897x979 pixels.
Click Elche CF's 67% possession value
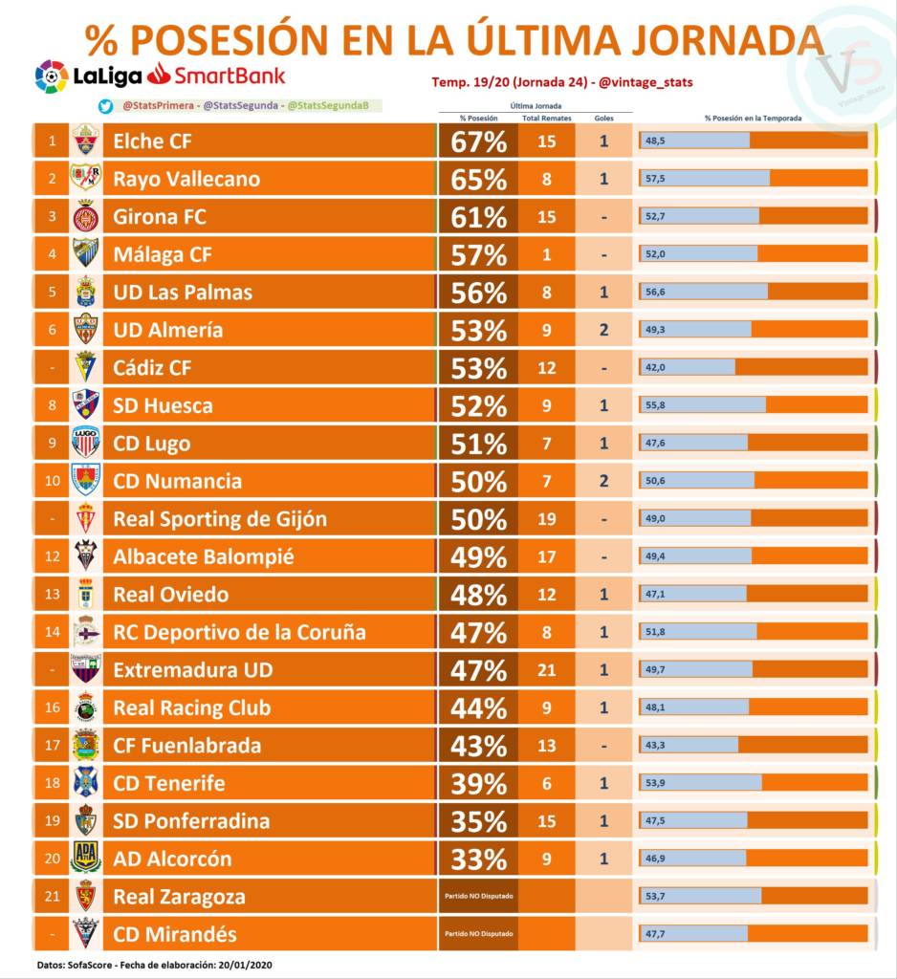click(478, 141)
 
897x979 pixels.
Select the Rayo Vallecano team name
click(186, 179)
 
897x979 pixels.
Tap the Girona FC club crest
click(86, 217)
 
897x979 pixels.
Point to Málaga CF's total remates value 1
click(546, 254)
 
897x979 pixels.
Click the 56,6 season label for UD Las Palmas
click(656, 293)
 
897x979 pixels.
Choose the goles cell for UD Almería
click(603, 330)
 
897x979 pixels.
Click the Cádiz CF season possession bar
click(754, 367)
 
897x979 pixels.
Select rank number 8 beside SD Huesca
click(52, 405)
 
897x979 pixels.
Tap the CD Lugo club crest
click(86, 443)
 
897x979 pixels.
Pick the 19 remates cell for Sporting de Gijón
click(546, 519)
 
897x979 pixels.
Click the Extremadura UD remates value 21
click(546, 670)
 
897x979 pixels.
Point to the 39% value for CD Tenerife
click(478, 783)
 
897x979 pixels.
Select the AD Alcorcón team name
click(172, 859)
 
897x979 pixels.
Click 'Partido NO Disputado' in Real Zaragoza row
click(478, 897)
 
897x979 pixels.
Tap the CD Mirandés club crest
click(86, 934)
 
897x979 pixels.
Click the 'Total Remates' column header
click(546, 118)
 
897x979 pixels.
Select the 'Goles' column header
click(603, 118)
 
